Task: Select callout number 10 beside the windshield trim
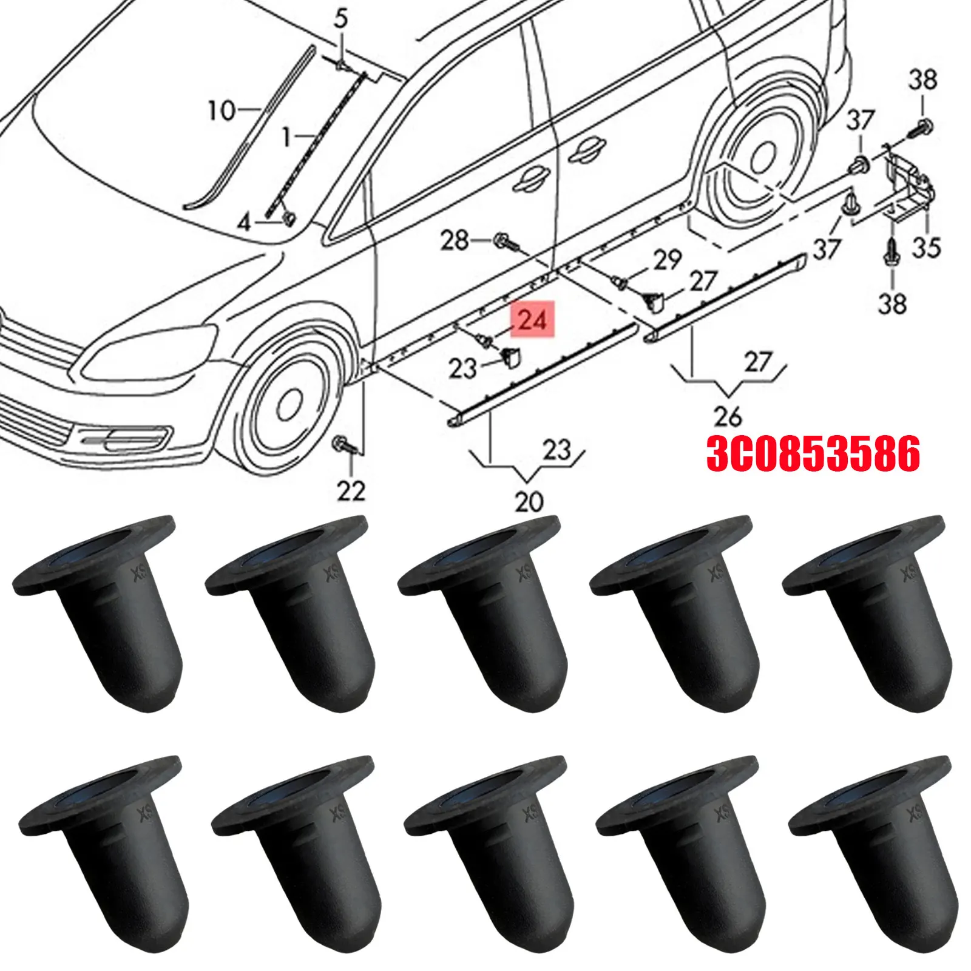(x=221, y=111)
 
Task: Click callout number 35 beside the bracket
(x=925, y=247)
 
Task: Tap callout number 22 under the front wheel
(x=351, y=490)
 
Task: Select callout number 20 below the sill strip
(x=529, y=502)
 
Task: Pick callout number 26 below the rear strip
(x=727, y=417)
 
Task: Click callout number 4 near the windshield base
(x=243, y=223)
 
